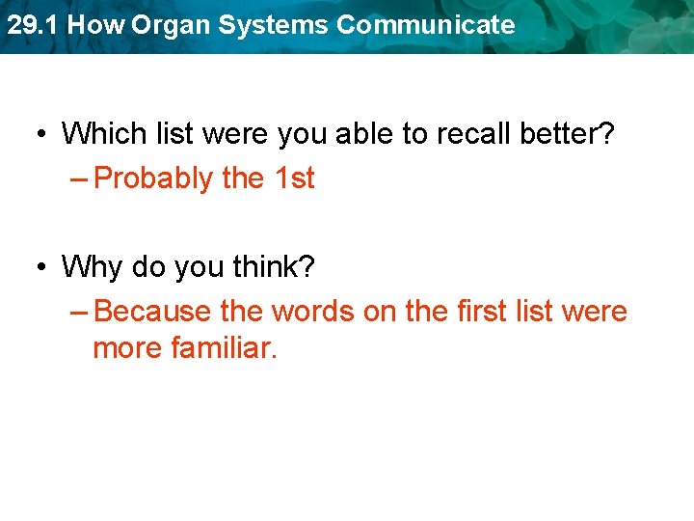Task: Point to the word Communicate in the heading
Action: (x=426, y=25)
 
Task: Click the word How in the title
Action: (x=95, y=25)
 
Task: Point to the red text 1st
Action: (x=293, y=178)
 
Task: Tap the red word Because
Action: (x=153, y=312)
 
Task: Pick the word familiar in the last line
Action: (x=224, y=347)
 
